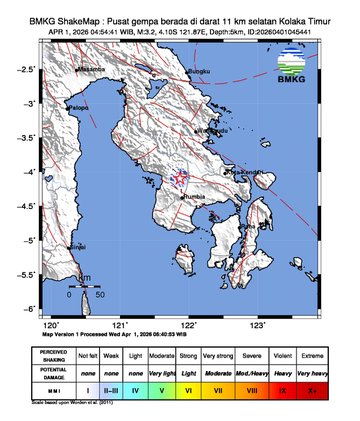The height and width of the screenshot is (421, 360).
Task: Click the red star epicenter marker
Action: tap(181, 180)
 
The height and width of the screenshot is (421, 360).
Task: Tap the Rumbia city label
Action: tap(195, 197)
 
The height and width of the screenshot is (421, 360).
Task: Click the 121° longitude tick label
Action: tap(120, 325)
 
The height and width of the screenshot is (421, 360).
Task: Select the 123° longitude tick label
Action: tap(257, 325)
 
